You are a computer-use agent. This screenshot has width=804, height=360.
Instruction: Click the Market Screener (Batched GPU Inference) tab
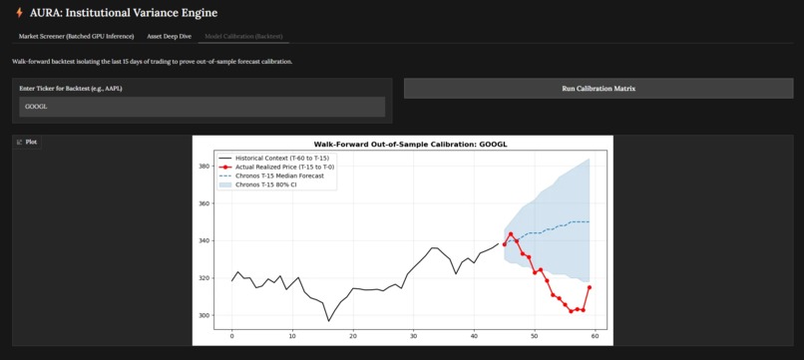pyautogui.click(x=77, y=36)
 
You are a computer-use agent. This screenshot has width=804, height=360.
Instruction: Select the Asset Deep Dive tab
pyautogui.click(x=169, y=36)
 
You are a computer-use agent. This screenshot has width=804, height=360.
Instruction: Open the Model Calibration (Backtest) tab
pyautogui.click(x=243, y=36)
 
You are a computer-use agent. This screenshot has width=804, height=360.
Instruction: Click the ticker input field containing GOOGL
pyautogui.click(x=201, y=107)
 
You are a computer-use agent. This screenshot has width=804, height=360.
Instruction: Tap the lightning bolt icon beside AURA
pyautogui.click(x=20, y=13)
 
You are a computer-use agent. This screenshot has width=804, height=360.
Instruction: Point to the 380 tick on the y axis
pyautogui.click(x=204, y=167)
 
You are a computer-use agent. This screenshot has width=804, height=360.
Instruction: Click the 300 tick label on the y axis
pyautogui.click(x=204, y=315)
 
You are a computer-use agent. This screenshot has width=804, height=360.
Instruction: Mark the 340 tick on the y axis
pyautogui.click(x=204, y=240)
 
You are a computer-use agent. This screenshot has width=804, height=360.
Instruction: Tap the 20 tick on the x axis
pyautogui.click(x=352, y=336)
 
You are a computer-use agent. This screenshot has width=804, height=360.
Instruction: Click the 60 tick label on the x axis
pyautogui.click(x=595, y=336)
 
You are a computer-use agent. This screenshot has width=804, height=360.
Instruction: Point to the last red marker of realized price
pyautogui.click(x=590, y=287)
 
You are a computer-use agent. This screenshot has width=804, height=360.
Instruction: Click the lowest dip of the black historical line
pyautogui.click(x=328, y=321)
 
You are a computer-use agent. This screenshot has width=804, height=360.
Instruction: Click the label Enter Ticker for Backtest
pyautogui.click(x=70, y=89)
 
